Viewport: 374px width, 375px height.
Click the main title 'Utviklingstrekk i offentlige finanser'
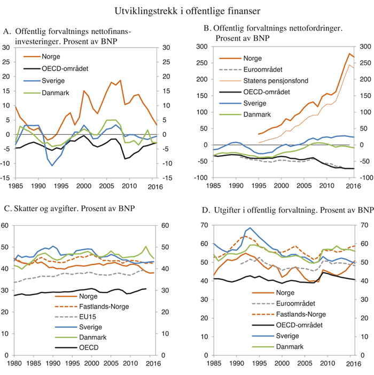coord(187,10)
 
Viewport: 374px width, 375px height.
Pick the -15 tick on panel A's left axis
coord(9,178)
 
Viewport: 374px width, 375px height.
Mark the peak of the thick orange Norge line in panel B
coord(348,53)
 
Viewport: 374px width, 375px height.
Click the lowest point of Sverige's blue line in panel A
coord(52,165)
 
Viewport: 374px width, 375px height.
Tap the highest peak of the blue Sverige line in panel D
coord(250,228)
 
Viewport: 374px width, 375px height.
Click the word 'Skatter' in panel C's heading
coord(29,208)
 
